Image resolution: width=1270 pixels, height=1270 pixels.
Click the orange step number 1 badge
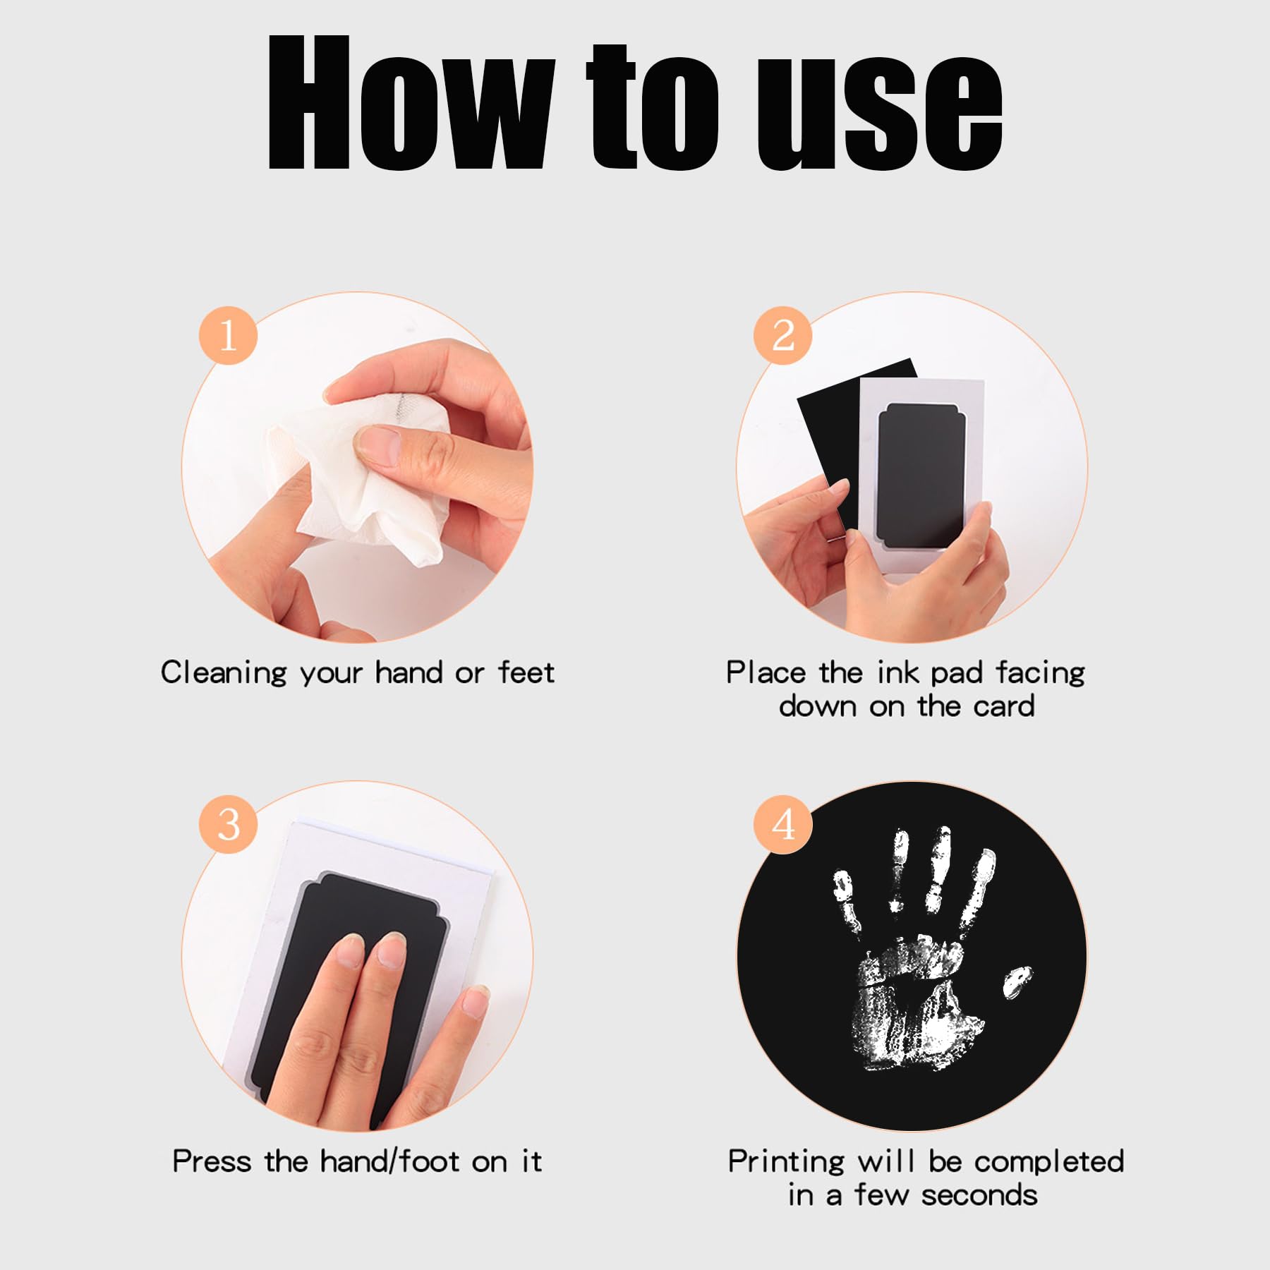click(x=228, y=335)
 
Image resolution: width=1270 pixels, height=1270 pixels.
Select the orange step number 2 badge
click(x=783, y=335)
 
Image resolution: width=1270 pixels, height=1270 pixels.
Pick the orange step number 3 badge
click(x=228, y=824)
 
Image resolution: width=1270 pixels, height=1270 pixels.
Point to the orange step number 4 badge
click(x=783, y=824)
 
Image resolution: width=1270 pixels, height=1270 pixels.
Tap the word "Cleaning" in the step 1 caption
click(x=224, y=673)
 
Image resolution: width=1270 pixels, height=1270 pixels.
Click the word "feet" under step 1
click(x=526, y=672)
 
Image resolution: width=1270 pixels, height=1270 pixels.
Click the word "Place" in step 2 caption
click(x=766, y=672)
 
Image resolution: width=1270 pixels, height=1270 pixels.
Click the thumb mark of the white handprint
click(x=1017, y=981)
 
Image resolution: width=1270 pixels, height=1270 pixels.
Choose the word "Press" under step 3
click(x=212, y=1161)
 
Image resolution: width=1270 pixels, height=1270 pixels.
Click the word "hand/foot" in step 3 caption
click(x=390, y=1161)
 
